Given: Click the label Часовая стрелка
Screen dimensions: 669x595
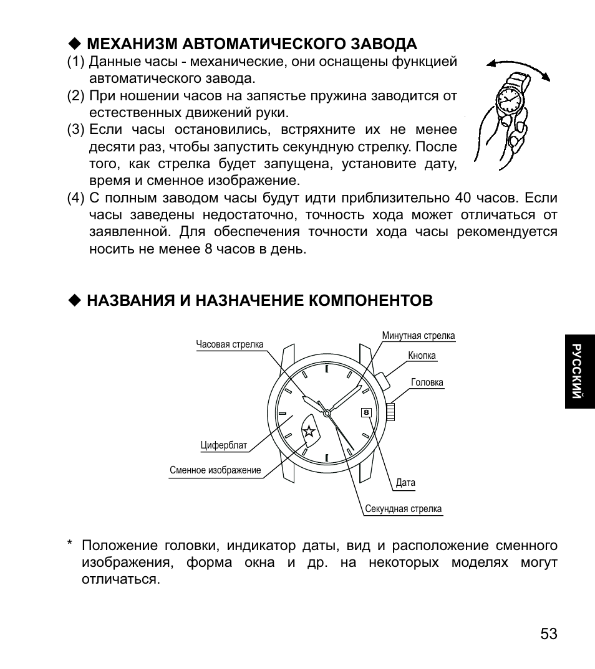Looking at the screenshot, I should (x=230, y=344).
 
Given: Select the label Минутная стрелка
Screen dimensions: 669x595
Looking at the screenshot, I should (x=418, y=336).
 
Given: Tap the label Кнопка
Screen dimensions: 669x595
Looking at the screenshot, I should (x=422, y=356).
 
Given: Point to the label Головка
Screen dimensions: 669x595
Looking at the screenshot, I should (x=427, y=382).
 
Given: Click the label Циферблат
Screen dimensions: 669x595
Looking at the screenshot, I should (x=224, y=445).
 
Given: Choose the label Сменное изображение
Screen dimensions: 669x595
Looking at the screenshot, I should (x=215, y=470).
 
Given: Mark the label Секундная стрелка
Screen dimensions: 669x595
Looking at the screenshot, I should (x=403, y=509).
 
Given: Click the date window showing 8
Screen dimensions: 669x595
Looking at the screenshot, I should (x=366, y=412).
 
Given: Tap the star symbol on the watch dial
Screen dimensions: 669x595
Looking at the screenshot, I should (x=309, y=430).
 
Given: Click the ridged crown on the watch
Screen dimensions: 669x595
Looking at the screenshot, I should (x=390, y=412).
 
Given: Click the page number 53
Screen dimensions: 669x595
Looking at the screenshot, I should (x=549, y=634).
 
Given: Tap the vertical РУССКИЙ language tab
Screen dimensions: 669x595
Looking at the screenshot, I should (x=578, y=371).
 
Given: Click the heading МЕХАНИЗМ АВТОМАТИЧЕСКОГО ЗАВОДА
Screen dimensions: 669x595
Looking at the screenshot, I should (x=251, y=44).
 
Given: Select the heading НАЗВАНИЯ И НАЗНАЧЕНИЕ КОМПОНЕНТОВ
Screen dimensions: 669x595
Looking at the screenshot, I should (x=259, y=301).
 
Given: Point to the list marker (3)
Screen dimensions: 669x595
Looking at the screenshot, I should (x=75, y=130).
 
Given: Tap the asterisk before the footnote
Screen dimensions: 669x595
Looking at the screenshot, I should (x=70, y=544).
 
